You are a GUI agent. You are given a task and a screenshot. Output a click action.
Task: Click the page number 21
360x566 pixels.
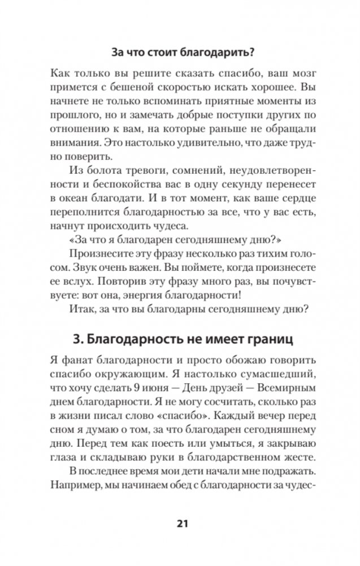pyautogui.click(x=180, y=522)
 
